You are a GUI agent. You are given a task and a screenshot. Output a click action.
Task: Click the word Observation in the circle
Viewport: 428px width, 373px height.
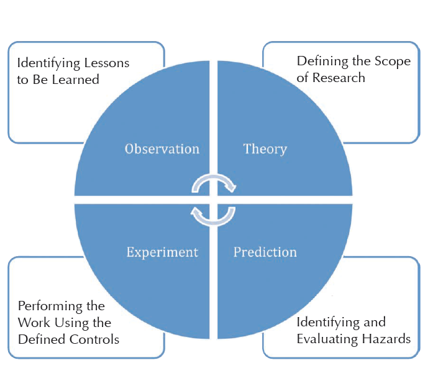[x=162, y=149]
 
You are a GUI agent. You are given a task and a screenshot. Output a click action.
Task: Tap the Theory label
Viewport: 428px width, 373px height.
[x=265, y=149]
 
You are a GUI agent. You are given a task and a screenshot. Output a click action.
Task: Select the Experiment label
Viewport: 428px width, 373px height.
[x=162, y=252]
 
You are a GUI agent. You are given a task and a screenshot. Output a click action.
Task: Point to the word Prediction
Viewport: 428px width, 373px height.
[x=265, y=252]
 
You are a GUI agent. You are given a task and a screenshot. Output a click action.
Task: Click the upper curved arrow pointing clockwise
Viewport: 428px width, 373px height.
[x=214, y=177]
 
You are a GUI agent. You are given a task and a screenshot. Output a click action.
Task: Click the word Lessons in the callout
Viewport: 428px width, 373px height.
[x=106, y=63]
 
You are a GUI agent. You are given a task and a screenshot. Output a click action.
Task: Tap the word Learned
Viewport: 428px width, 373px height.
[x=75, y=80]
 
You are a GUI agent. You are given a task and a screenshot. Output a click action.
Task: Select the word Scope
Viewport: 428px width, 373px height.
[x=393, y=62]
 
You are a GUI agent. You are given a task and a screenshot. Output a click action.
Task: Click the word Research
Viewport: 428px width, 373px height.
[x=339, y=78]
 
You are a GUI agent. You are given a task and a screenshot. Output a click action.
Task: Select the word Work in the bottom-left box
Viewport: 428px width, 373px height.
[x=34, y=323]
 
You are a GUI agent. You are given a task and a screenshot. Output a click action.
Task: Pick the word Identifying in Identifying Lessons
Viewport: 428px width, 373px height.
[x=48, y=63]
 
